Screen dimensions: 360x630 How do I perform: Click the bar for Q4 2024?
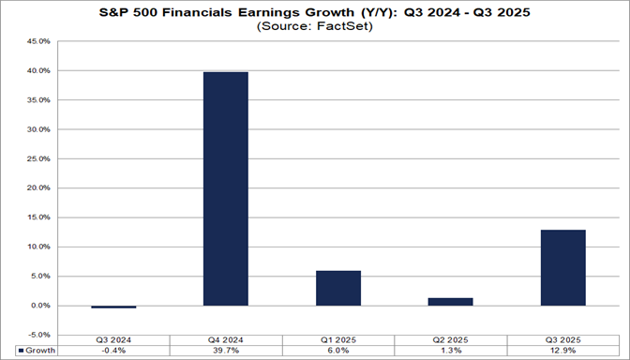(225, 188)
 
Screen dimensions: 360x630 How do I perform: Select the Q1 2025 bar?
(337, 288)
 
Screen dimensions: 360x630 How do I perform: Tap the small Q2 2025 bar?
(450, 301)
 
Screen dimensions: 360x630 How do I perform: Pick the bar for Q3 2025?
(562, 267)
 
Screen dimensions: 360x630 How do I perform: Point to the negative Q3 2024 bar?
(112, 307)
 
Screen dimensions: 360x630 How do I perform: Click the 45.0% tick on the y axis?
(37, 41)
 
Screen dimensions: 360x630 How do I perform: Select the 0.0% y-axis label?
(40, 306)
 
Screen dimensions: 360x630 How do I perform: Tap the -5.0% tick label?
(38, 335)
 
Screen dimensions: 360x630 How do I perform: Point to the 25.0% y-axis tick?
(37, 158)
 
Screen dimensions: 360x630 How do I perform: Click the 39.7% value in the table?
(225, 352)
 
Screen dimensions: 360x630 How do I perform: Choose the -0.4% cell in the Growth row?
(112, 352)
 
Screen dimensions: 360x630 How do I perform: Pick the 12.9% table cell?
(562, 352)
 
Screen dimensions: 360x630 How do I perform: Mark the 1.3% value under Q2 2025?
(450, 352)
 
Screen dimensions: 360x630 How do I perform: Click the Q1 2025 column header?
(337, 340)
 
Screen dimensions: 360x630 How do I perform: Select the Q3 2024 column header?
(112, 340)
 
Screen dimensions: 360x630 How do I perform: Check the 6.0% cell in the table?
(337, 352)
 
